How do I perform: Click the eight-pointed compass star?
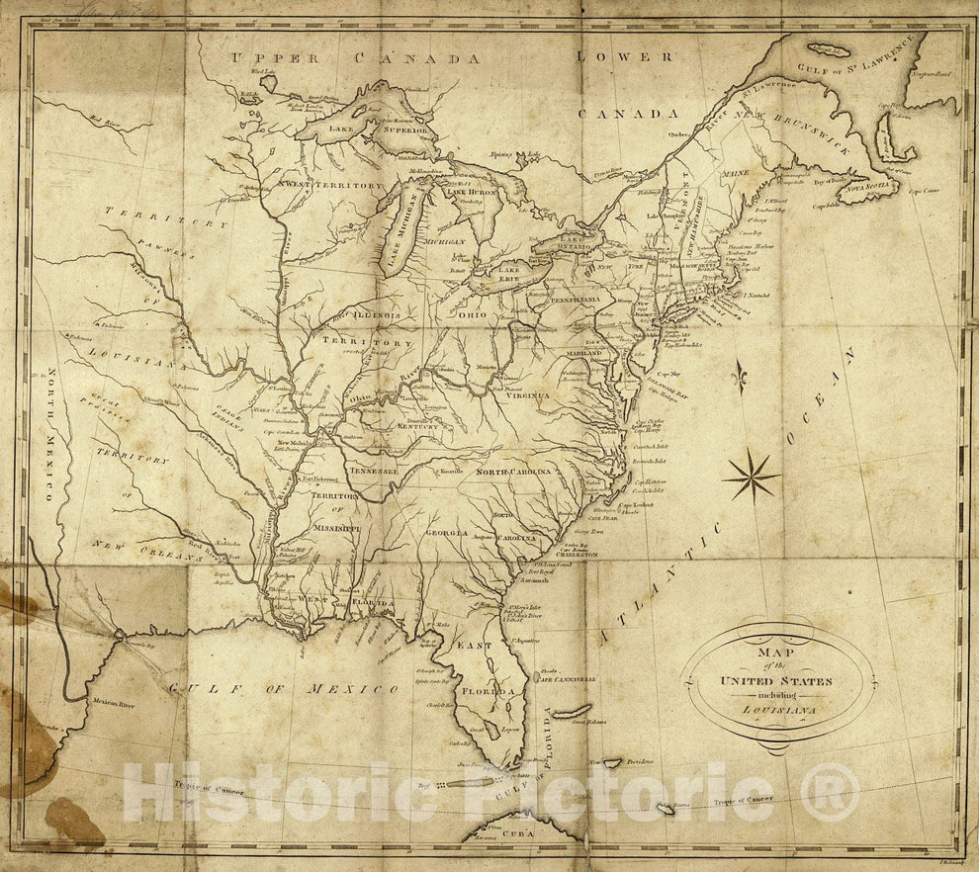pos(752,476)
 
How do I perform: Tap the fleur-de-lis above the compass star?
pos(738,375)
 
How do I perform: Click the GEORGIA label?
pos(446,533)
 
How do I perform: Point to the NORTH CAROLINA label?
pos(513,474)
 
